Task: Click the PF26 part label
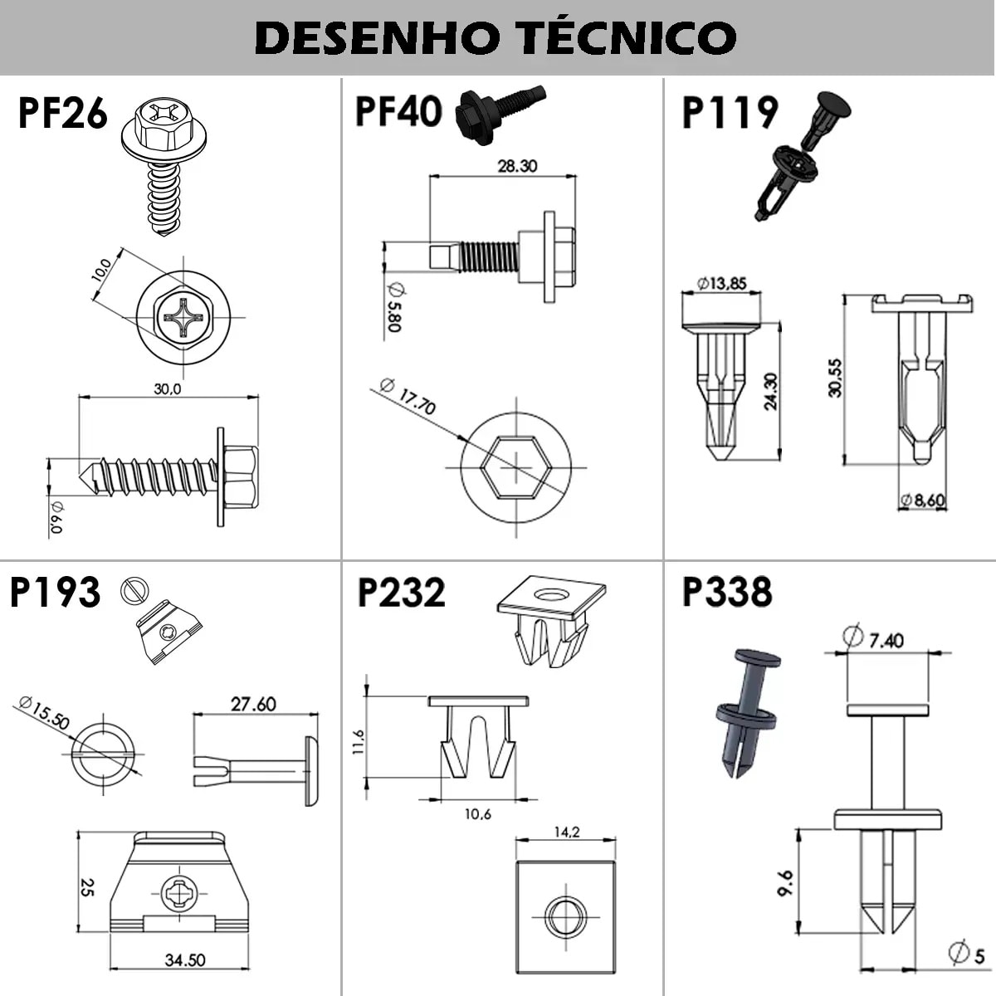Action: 63,114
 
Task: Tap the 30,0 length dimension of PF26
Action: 167,388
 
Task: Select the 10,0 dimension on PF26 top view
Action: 102,271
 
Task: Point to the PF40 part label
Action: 398,111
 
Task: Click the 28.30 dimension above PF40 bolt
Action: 517,166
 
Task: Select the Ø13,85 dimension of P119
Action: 721,284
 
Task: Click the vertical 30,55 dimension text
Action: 836,378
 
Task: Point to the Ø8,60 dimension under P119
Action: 923,500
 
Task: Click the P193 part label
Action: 55,593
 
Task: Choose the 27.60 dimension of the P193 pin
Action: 253,704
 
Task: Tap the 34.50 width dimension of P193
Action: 184,960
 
